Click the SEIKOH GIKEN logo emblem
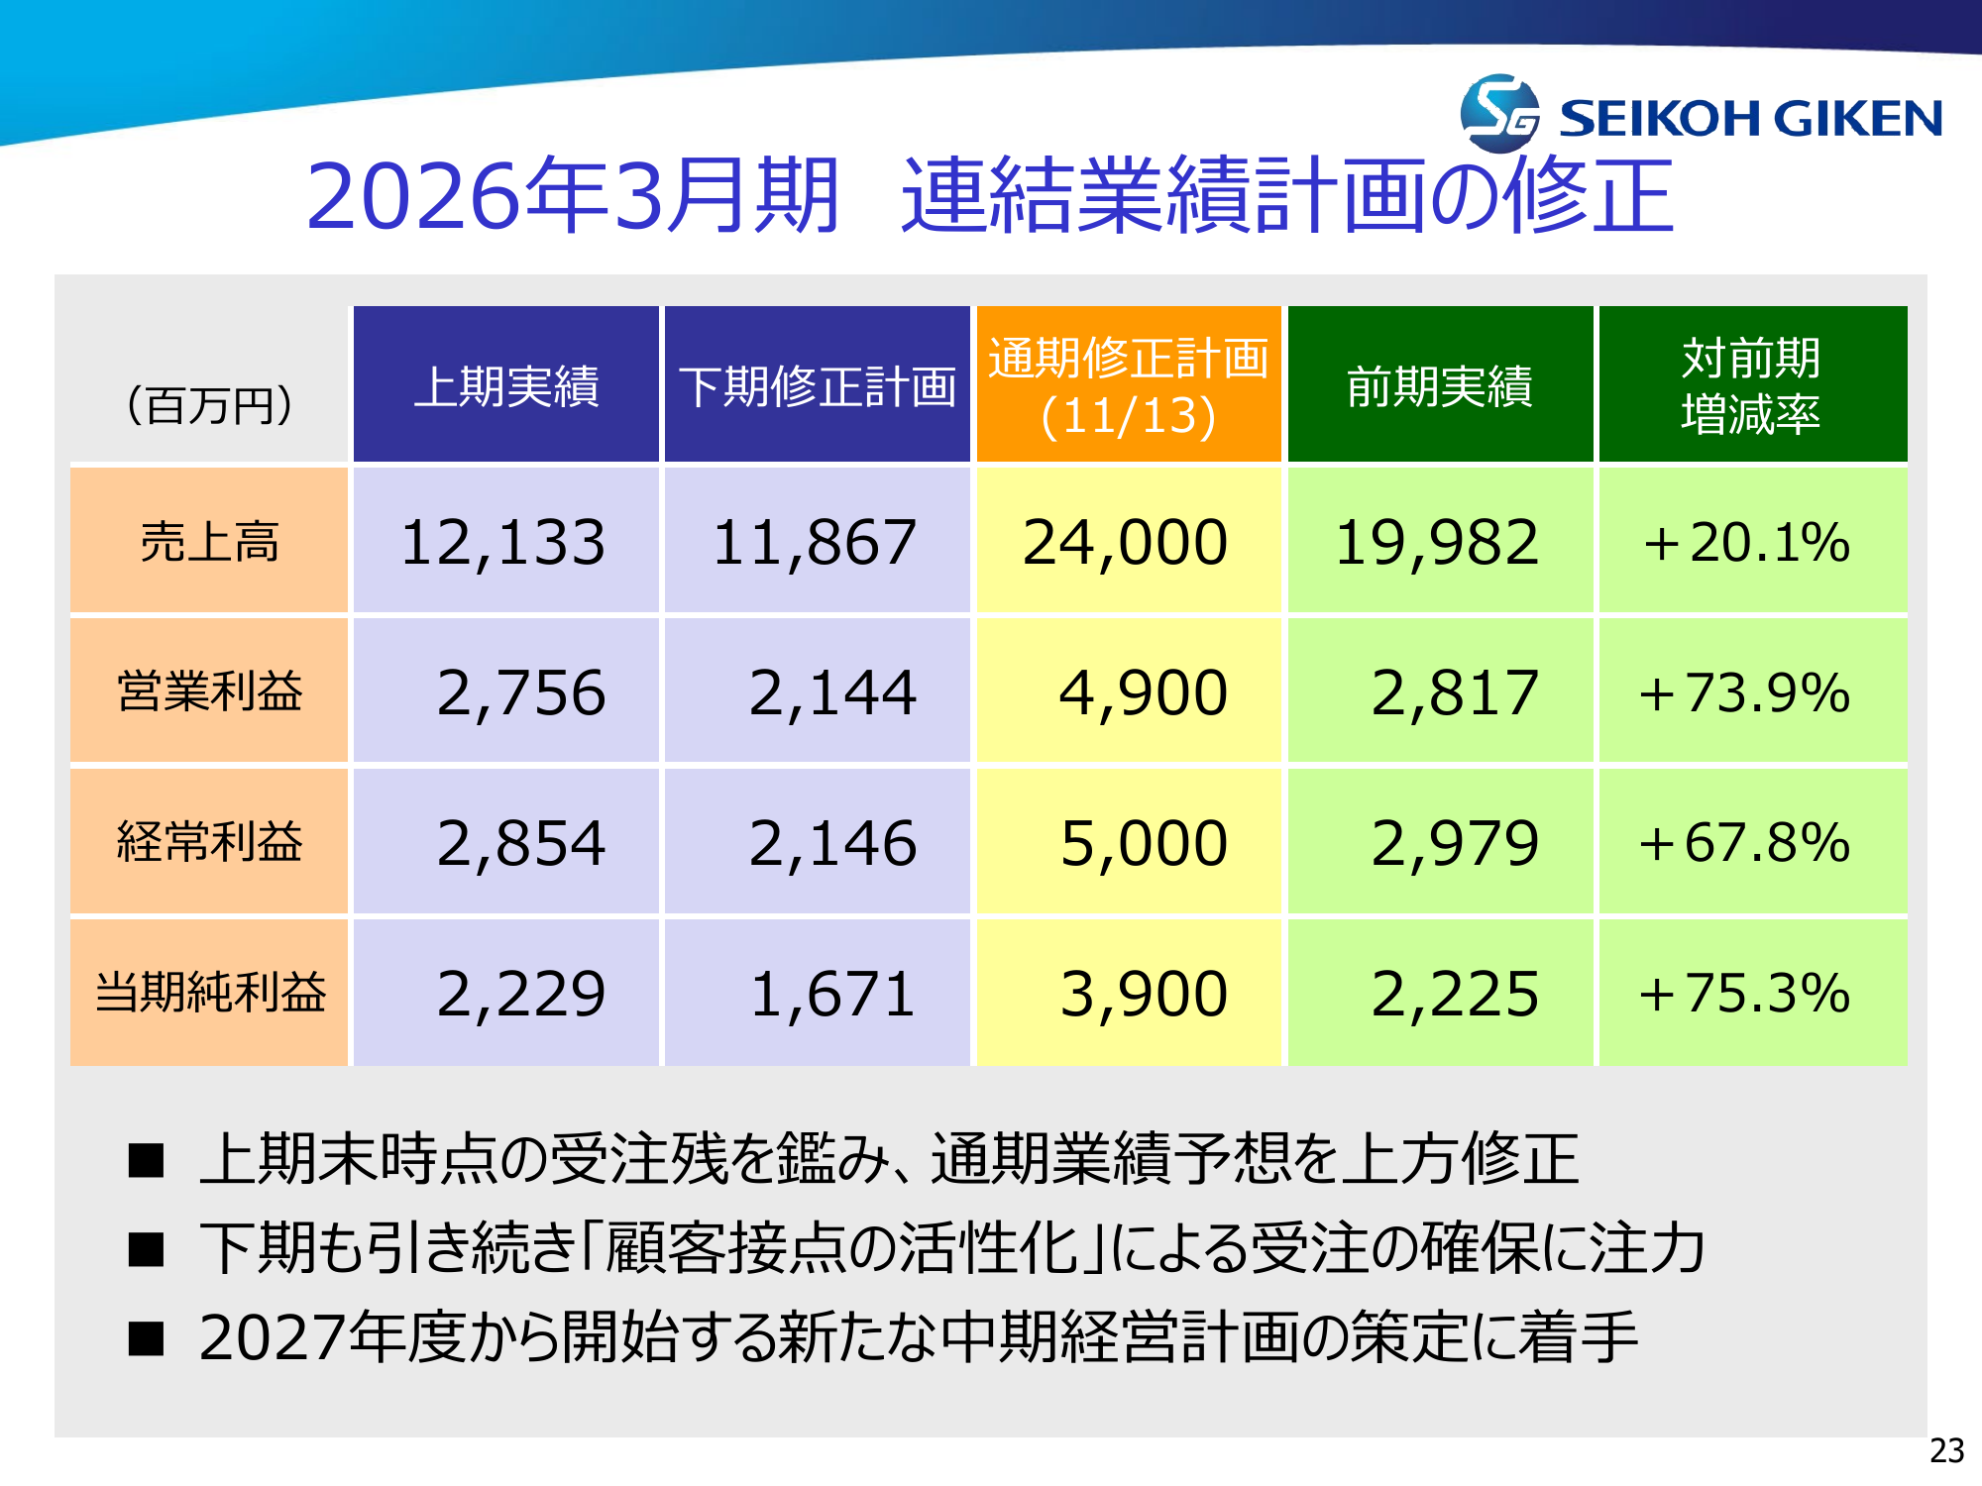pos(1499,114)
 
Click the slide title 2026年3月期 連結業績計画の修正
pos(989,196)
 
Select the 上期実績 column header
pos(506,385)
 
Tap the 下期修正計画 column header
pos(818,385)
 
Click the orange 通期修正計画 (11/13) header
pos(1129,385)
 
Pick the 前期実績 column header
pos(1440,385)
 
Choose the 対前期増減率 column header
pos(1752,385)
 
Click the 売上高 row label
pos(209,542)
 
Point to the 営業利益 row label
pos(209,691)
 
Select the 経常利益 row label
pos(209,842)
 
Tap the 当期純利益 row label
pos(209,993)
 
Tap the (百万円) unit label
pos(209,405)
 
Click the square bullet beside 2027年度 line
pos(146,1338)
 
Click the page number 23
pos(1946,1450)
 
